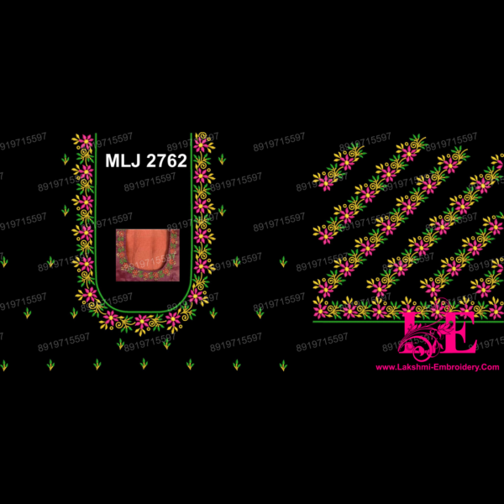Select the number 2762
click(x=166, y=161)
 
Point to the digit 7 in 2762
click(x=160, y=161)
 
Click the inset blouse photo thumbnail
click(x=144, y=253)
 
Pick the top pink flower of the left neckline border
click(x=83, y=142)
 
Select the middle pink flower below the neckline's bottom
click(x=142, y=322)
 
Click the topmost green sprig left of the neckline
click(x=66, y=159)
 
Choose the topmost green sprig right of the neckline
click(x=222, y=159)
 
